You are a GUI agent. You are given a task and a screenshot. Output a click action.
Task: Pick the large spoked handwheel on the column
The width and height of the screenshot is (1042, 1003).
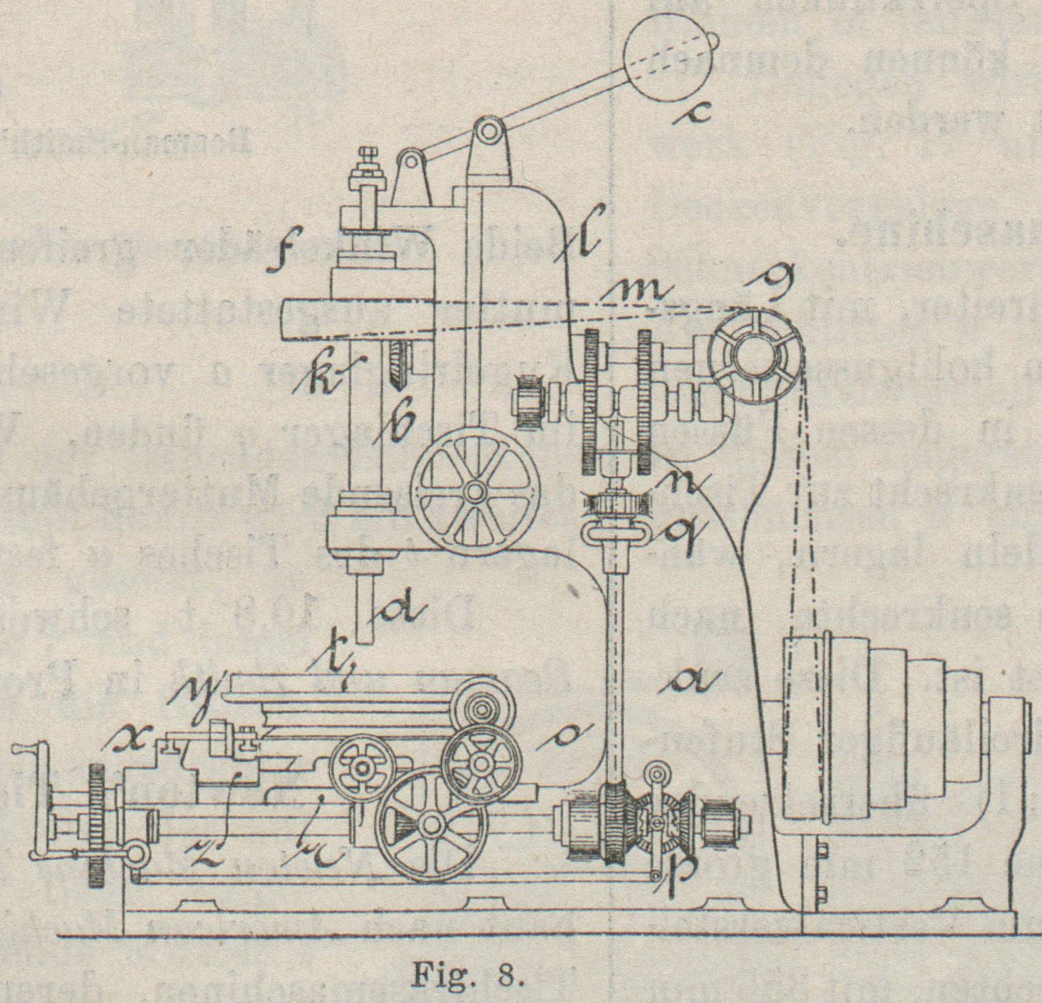click(475, 491)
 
